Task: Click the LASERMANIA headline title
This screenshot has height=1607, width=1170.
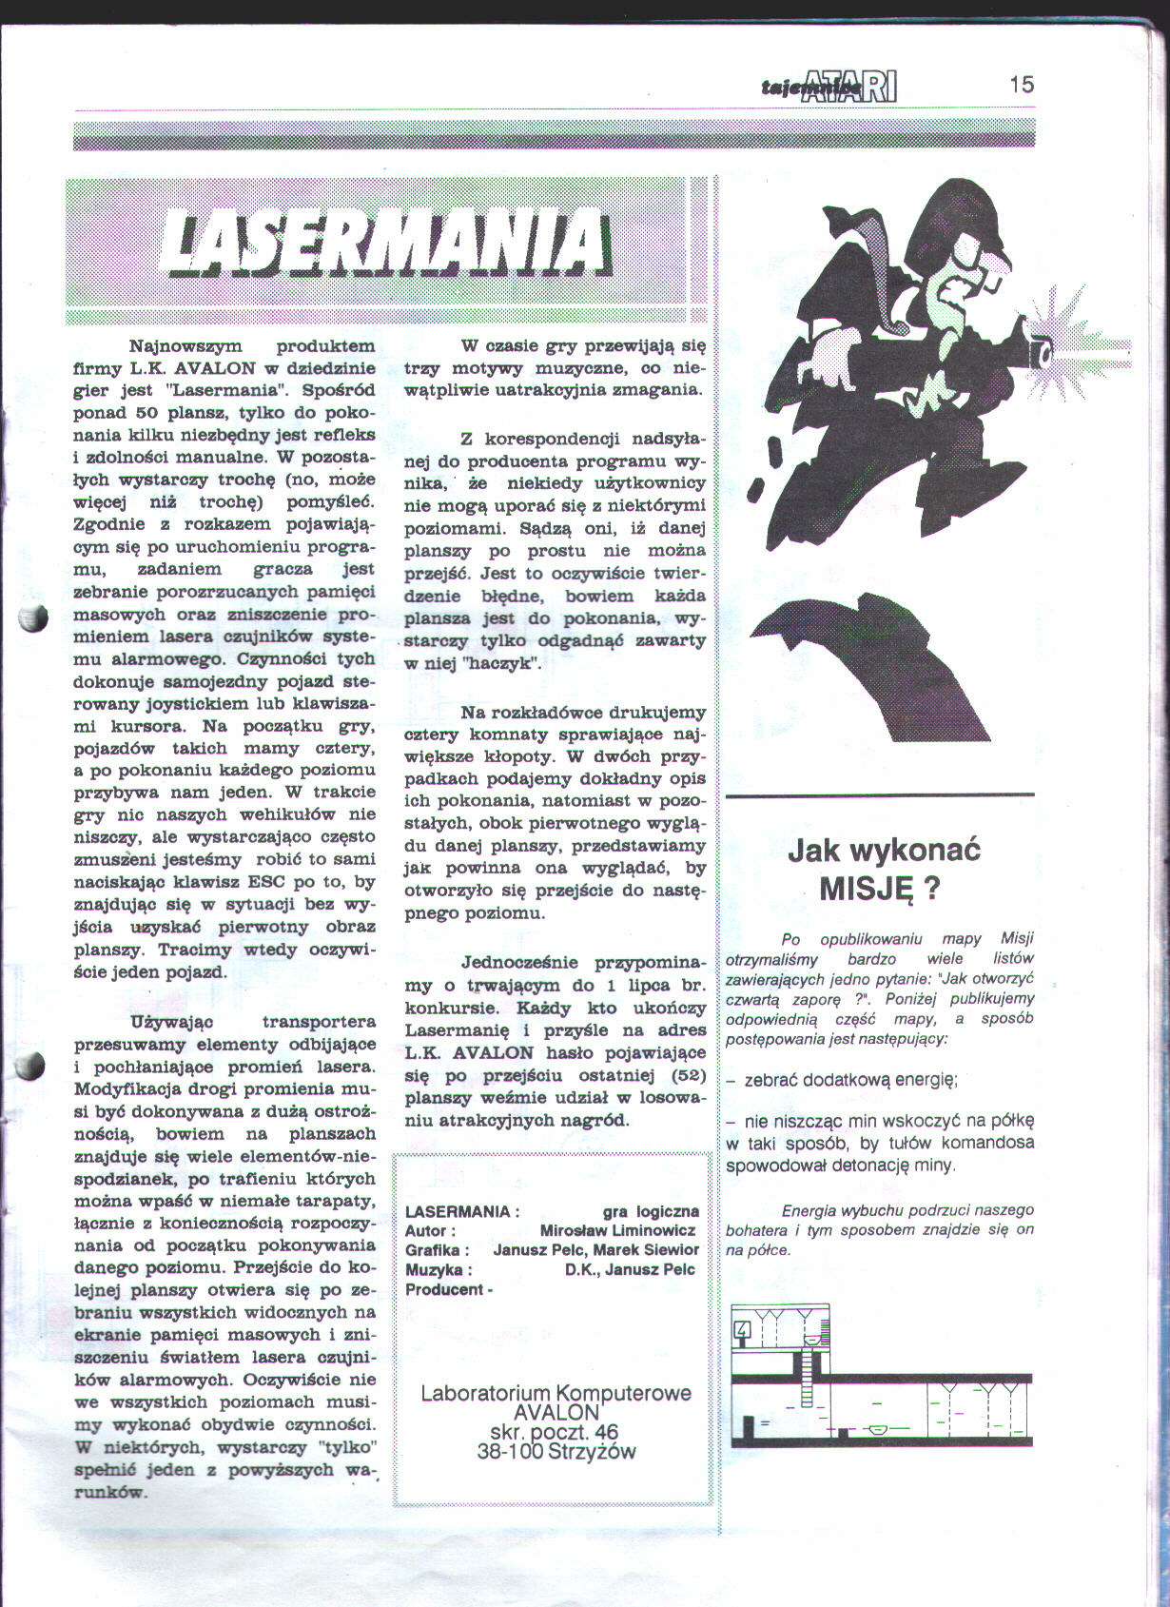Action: pos(384,242)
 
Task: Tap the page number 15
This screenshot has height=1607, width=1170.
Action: pos(1021,85)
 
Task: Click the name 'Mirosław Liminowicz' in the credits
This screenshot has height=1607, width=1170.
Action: pos(617,1230)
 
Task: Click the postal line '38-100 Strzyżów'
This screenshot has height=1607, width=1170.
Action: pos(556,1451)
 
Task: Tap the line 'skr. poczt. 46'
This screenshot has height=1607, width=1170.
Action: pos(555,1432)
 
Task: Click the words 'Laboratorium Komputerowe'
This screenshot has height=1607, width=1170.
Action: pos(556,1393)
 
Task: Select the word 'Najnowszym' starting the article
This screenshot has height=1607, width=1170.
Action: pos(185,345)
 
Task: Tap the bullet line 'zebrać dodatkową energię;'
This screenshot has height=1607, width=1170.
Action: pos(850,1080)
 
